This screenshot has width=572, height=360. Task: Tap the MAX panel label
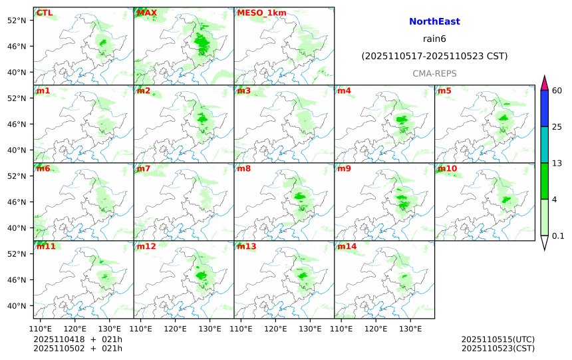click(146, 13)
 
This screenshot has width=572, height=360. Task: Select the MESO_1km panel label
click(261, 13)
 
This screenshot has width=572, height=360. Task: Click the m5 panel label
click(444, 90)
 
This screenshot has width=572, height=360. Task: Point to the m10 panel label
click(446, 168)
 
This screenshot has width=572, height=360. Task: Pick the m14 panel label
click(346, 247)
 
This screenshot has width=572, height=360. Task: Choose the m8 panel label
click(244, 168)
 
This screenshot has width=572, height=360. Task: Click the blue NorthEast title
click(434, 22)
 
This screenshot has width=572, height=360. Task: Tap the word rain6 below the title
click(434, 39)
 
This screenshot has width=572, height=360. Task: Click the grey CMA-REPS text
click(434, 73)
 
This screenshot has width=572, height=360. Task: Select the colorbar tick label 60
click(558, 90)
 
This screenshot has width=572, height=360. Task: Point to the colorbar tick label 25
click(558, 126)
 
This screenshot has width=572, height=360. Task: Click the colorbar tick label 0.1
click(559, 236)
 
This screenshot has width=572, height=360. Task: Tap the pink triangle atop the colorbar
click(545, 83)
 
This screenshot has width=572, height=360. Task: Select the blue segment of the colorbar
click(545, 108)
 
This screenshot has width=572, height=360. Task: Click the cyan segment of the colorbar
click(545, 144)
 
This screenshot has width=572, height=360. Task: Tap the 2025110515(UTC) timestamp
click(498, 339)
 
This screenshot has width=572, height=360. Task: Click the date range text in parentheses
click(434, 57)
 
